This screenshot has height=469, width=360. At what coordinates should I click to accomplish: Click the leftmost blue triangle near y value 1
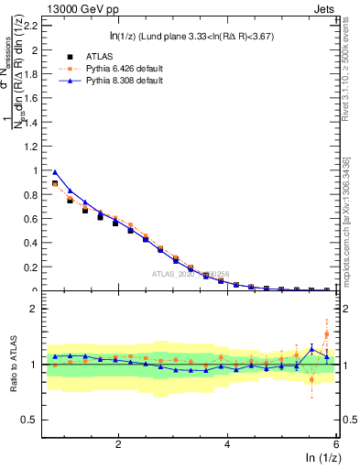[55, 171]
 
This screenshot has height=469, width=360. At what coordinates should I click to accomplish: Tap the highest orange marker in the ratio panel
[327, 334]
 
